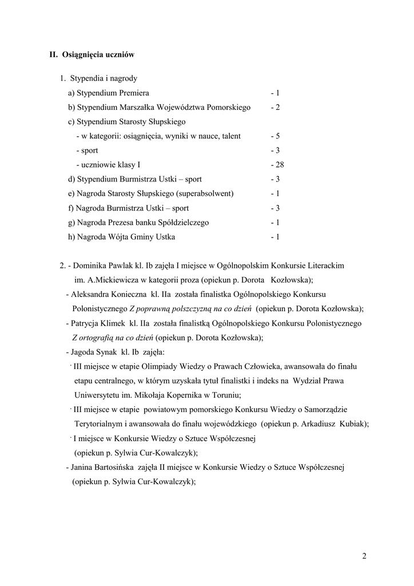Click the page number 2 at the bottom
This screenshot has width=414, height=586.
pos(364,556)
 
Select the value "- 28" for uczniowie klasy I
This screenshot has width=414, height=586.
pos(277,165)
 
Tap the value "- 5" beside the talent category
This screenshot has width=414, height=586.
pos(275,136)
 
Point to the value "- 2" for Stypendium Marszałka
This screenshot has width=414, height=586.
pos(275,108)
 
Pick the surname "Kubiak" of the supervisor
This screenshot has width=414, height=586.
pos(351,424)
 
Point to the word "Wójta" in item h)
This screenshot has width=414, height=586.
pos(110,236)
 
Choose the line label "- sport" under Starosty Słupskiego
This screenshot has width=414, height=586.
pos(86,151)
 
